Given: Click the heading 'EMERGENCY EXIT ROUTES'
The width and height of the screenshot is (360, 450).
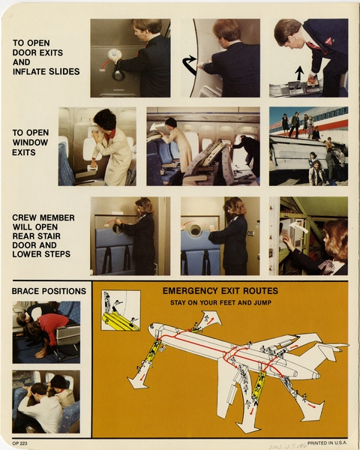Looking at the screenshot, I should click(220, 291).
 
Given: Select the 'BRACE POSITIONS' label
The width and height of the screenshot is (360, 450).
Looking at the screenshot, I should click(49, 291).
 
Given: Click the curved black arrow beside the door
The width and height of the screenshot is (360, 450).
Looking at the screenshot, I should click(190, 65).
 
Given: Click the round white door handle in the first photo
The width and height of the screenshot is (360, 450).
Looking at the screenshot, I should click(115, 55).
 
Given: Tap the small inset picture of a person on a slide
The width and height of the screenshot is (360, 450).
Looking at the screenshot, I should click(120, 310).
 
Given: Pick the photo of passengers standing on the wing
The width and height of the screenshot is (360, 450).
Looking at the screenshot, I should click(308, 146).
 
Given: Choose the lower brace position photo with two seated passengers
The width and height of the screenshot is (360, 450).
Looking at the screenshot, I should click(46, 401).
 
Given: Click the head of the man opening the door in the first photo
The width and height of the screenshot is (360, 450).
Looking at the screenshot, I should click(145, 29).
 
